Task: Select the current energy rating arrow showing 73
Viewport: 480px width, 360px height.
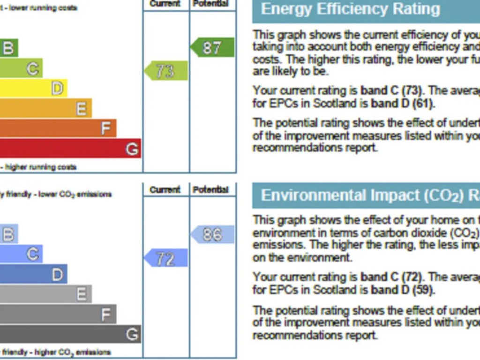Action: (x=166, y=71)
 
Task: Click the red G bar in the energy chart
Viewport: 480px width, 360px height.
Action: (x=70, y=149)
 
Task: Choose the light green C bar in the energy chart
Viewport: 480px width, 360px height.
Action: (x=21, y=68)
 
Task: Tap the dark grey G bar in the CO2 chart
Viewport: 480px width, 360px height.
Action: (x=70, y=334)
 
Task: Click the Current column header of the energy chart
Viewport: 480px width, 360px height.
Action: (x=165, y=4)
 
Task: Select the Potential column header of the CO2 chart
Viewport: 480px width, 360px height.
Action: (x=210, y=190)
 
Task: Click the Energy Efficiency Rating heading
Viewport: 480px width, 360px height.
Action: (x=351, y=9)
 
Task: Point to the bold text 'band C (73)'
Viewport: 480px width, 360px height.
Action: (x=392, y=90)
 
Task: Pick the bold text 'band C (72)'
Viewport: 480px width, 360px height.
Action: (x=392, y=277)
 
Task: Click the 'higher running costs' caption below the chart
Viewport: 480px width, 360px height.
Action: (x=40, y=167)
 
